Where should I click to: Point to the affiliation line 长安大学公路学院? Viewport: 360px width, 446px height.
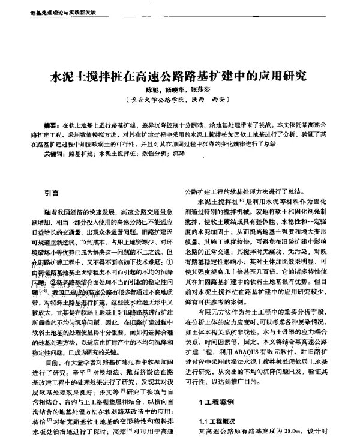(x=157, y=101)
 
